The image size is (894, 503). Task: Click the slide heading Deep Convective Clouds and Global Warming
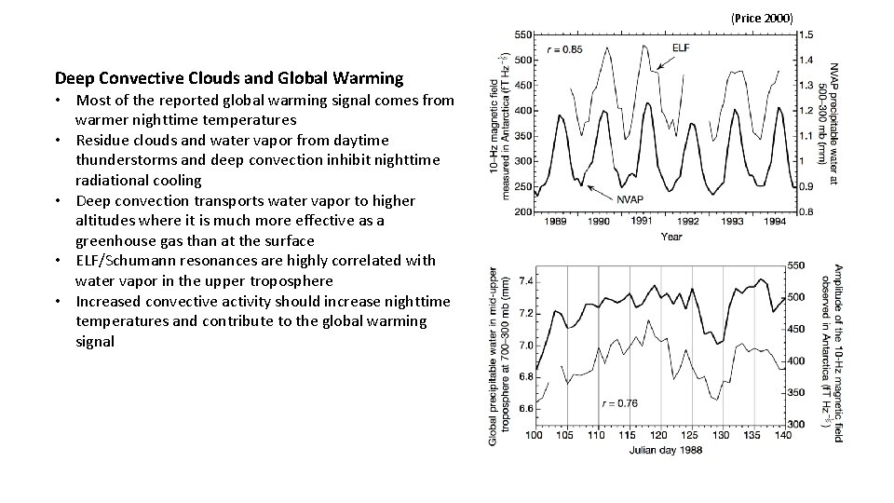click(x=229, y=78)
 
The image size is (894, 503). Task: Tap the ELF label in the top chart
click(x=681, y=48)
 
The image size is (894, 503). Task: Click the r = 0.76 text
click(x=619, y=403)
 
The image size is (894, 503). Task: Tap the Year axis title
click(x=671, y=237)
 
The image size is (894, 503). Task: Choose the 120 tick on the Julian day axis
click(x=658, y=435)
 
